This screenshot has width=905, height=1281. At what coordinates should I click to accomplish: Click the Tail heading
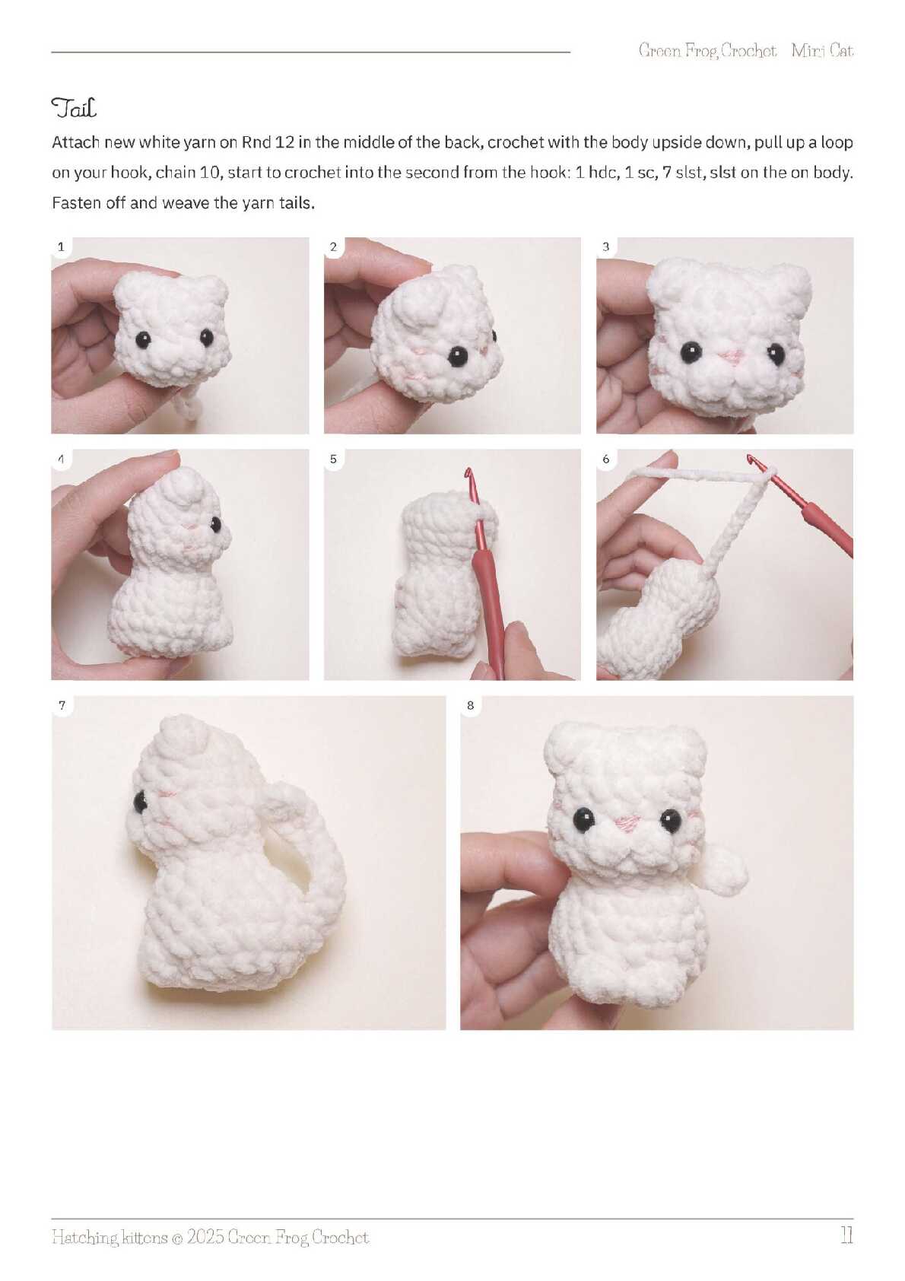(x=74, y=107)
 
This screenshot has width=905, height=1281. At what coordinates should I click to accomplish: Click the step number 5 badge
(x=333, y=459)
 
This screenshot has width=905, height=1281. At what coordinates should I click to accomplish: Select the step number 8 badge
(x=470, y=705)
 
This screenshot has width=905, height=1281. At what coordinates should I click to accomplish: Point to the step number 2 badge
(x=333, y=247)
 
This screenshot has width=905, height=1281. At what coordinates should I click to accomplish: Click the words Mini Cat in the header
(x=822, y=51)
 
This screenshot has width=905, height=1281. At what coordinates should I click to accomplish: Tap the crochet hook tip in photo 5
(x=468, y=473)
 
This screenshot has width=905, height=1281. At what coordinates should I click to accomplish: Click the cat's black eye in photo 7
(x=139, y=802)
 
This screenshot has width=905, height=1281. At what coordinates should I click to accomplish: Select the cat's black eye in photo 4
(x=215, y=524)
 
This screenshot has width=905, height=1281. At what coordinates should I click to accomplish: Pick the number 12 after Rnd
(x=284, y=141)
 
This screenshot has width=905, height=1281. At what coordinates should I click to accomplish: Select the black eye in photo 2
(x=457, y=356)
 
